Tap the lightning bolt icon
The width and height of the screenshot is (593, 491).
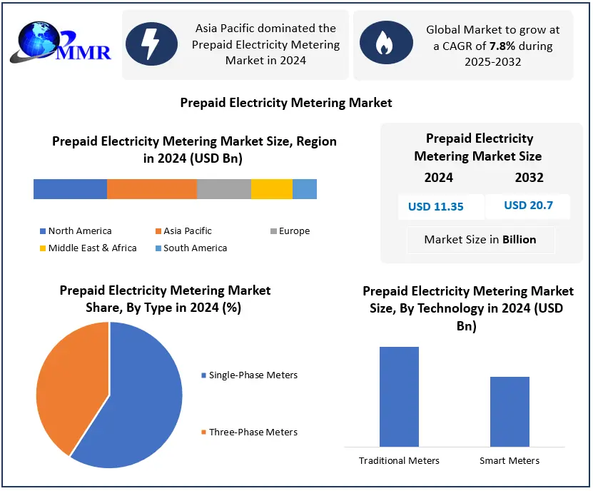pos(151,44)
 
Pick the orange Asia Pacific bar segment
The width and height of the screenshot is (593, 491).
pos(151,189)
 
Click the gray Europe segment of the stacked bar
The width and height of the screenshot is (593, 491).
pos(223,189)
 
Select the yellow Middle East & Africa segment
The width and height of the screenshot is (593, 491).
pos(271,189)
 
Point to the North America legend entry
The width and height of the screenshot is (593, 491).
pos(75,231)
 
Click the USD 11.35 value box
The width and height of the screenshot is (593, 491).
pos(435,207)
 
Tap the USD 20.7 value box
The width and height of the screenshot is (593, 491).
pos(527,206)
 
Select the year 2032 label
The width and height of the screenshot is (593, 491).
pos(529,178)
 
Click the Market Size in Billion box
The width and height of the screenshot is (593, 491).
pos(480,240)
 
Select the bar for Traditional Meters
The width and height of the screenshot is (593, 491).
pos(399,397)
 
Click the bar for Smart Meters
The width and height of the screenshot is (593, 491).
pos(510,412)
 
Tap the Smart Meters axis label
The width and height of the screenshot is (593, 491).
pos(510,460)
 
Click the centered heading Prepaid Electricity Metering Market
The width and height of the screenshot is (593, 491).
pos(286,103)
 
